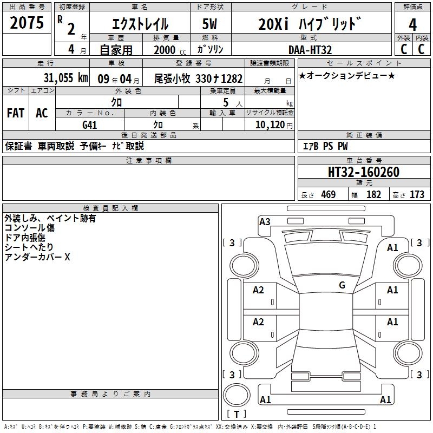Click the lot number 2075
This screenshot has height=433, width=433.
(x=27, y=23)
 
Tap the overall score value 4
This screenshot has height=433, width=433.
(x=412, y=25)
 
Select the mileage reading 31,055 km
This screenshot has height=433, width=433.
(x=65, y=78)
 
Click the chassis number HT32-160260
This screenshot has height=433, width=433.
(x=363, y=172)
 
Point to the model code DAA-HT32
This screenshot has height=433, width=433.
(x=310, y=50)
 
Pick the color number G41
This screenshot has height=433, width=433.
(x=89, y=125)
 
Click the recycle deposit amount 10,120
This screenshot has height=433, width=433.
(x=270, y=125)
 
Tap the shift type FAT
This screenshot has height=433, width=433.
(x=16, y=113)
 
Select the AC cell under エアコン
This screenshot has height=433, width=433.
(x=42, y=113)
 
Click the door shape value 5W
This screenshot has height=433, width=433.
(x=209, y=24)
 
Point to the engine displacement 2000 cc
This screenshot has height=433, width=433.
(x=170, y=50)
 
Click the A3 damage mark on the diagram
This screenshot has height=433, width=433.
(x=265, y=221)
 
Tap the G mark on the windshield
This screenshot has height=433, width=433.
(x=342, y=285)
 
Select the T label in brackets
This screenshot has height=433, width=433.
(x=237, y=414)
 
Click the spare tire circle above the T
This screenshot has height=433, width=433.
(x=237, y=395)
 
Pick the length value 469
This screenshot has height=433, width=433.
(x=329, y=194)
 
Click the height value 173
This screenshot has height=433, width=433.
(x=417, y=194)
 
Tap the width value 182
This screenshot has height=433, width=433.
(x=373, y=194)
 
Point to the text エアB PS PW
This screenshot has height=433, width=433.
(x=325, y=146)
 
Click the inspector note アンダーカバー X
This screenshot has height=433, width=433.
(x=37, y=257)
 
